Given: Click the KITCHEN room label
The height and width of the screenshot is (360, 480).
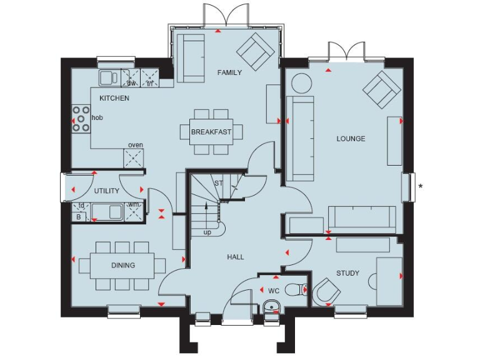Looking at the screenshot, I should click(x=114, y=98).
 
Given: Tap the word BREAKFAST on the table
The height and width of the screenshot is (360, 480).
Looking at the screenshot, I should click(x=211, y=132).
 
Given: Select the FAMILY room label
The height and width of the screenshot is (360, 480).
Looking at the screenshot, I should click(x=229, y=72).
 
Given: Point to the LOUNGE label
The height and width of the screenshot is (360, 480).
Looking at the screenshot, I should click(x=351, y=138).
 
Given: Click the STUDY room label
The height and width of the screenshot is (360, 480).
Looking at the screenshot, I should click(x=347, y=272).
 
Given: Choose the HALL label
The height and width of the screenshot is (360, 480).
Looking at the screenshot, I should click(x=236, y=257).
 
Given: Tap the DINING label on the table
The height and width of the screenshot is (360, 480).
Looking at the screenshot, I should click(x=123, y=265).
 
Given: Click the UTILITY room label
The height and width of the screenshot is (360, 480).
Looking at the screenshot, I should click(x=107, y=191).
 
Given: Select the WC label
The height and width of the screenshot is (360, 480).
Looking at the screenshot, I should click(x=274, y=291).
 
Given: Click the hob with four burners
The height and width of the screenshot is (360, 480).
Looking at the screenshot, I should click(x=81, y=118).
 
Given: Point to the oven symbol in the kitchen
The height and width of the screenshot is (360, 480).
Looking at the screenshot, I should click(x=136, y=158).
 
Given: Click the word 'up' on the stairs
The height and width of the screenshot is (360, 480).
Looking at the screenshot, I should click(x=207, y=232).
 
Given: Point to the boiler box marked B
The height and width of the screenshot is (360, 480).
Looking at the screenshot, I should click(x=79, y=217).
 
